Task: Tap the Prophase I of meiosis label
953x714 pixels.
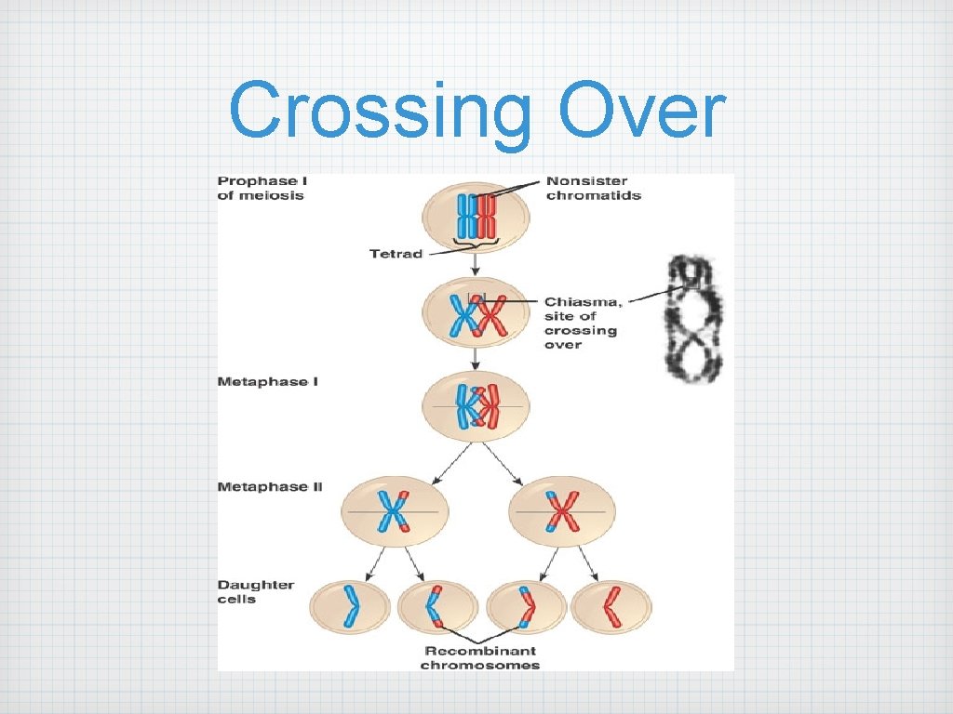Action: (x=261, y=188)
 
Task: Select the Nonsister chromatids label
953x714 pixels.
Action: (x=593, y=188)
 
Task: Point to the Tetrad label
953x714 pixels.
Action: (x=396, y=254)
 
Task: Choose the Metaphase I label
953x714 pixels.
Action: (x=268, y=382)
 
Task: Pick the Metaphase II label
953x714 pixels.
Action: (x=270, y=486)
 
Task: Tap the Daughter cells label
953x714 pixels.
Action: (x=256, y=592)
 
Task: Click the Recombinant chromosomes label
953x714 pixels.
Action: (x=480, y=658)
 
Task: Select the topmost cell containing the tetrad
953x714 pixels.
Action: (x=476, y=216)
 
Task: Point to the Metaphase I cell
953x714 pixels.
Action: (x=476, y=407)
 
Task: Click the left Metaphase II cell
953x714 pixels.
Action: (x=395, y=511)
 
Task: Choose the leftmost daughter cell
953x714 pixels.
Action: (x=351, y=608)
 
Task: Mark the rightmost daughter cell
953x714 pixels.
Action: (x=611, y=608)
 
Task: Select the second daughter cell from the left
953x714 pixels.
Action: (x=436, y=608)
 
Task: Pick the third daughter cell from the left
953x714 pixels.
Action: (x=525, y=608)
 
